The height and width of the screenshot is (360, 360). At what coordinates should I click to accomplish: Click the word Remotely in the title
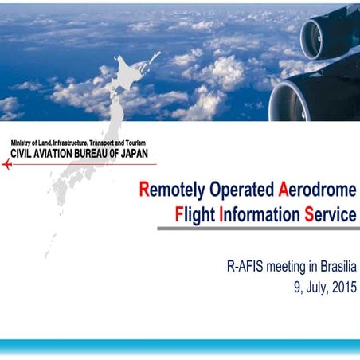172,191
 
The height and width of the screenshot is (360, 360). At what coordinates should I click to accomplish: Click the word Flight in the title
196,214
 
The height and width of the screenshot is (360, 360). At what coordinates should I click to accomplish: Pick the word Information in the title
258,214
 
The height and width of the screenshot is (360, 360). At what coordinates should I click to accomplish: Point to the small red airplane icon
7,165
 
